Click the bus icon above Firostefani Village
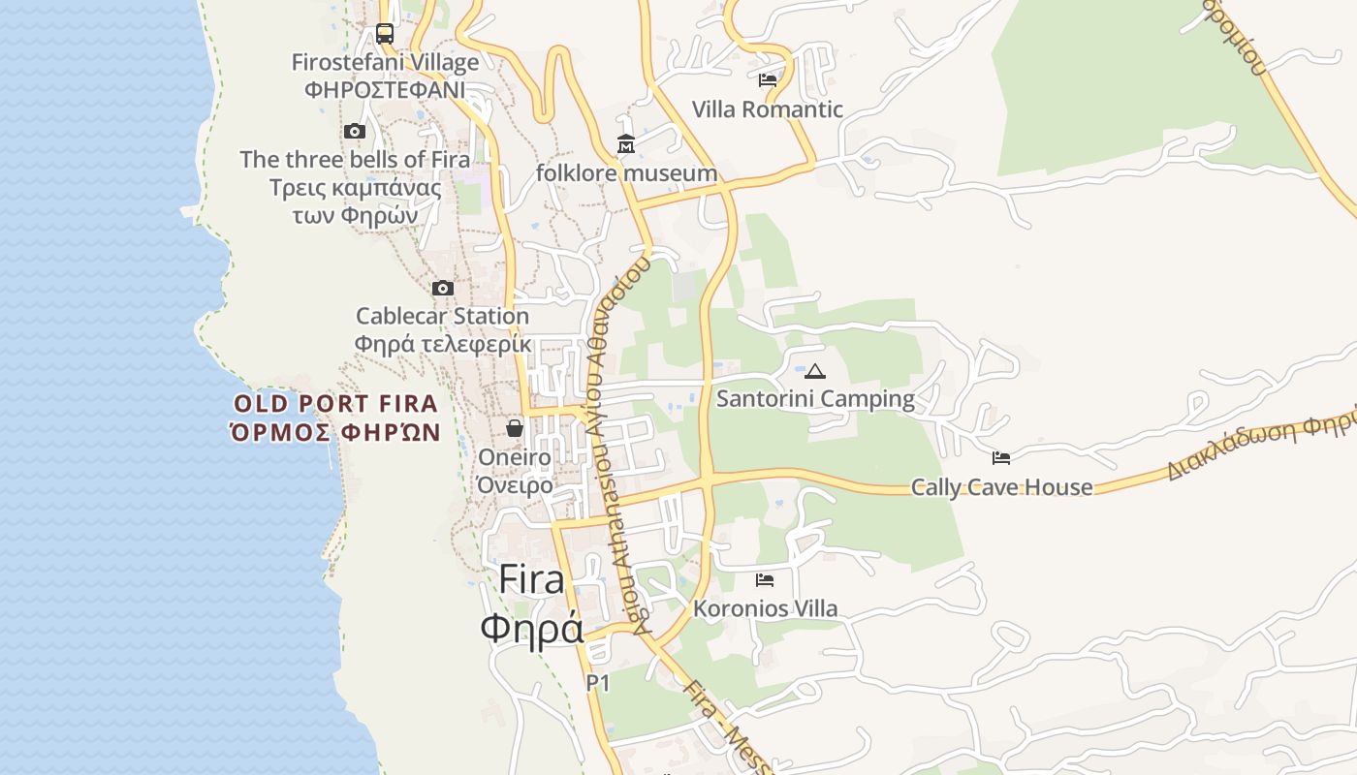[x=385, y=34]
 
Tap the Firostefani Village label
[x=386, y=63]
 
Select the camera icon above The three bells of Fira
[x=355, y=131]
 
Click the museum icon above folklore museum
[x=626, y=145]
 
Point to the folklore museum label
[x=627, y=173]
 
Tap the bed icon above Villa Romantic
[x=768, y=80]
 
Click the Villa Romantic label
[x=768, y=109]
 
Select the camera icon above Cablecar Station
[x=443, y=288]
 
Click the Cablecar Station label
[x=442, y=316]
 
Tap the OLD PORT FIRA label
[x=336, y=404]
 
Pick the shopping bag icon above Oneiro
[x=515, y=427]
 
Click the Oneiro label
[x=515, y=457]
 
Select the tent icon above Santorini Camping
[x=815, y=371]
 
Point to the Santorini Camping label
[x=815, y=399]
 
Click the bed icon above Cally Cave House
[x=1001, y=457]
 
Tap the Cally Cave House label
[x=1001, y=487]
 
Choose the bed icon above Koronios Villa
[x=765, y=580]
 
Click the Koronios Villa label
[x=765, y=609]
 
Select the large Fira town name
[x=531, y=580]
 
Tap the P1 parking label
[x=598, y=683]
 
